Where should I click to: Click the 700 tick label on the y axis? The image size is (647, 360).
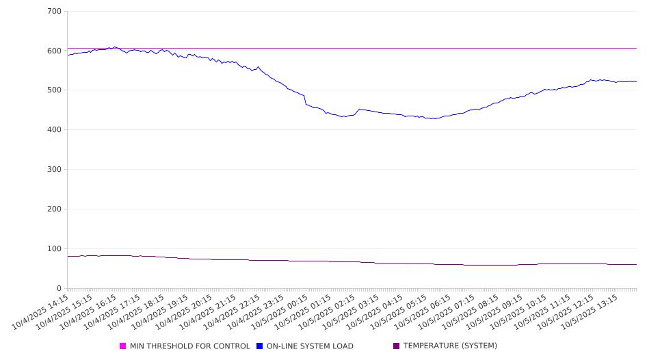pyautogui.click(x=55, y=12)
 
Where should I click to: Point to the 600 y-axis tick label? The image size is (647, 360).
pyautogui.click(x=55, y=51)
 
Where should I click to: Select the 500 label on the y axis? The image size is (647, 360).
pyautogui.click(x=55, y=90)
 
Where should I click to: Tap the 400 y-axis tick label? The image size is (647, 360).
pyautogui.click(x=55, y=130)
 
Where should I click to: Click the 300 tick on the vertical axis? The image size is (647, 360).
pyautogui.click(x=55, y=170)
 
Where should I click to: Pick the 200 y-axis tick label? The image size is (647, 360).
pyautogui.click(x=55, y=209)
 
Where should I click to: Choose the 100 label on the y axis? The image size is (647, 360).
pyautogui.click(x=55, y=248)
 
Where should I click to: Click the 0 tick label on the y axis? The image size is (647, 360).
pyautogui.click(x=59, y=288)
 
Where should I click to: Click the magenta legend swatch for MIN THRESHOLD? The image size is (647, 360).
pyautogui.click(x=123, y=346)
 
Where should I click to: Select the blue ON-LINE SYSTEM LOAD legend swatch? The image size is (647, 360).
pyautogui.click(x=260, y=346)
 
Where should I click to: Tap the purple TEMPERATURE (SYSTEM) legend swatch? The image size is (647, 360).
pyautogui.click(x=397, y=346)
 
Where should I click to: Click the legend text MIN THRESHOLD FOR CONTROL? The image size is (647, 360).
pyautogui.click(x=189, y=346)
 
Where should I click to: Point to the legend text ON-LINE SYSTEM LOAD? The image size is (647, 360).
pyautogui.click(x=310, y=346)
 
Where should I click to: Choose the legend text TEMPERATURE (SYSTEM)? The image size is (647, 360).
pyautogui.click(x=450, y=346)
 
